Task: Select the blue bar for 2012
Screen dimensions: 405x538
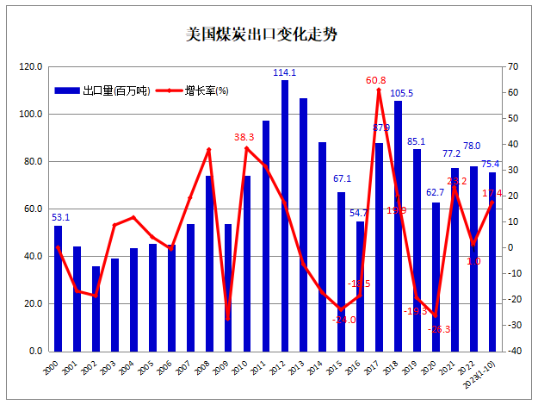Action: point(285,215)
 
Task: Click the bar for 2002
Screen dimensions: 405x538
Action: point(96,308)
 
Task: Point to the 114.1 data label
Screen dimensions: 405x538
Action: point(285,73)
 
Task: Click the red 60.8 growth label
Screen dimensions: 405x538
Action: point(376,81)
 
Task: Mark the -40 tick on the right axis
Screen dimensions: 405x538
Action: point(512,351)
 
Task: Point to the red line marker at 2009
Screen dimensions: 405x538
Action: point(228,319)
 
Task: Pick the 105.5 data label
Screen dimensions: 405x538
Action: point(402,94)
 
